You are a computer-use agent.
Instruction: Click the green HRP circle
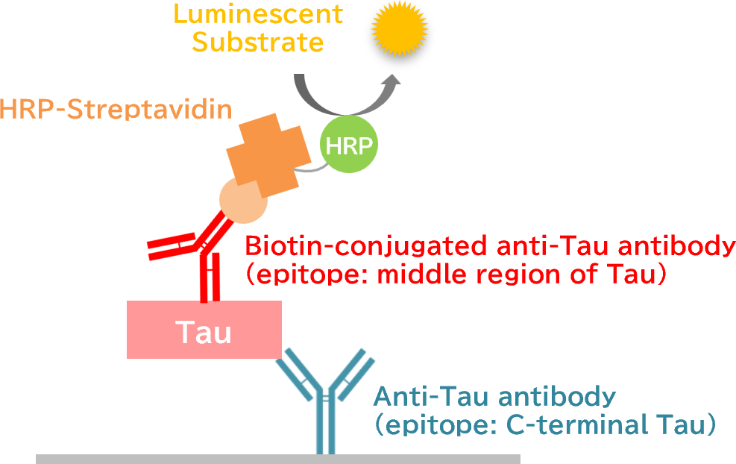coord(349,145)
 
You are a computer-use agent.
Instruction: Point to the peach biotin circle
coord(241,202)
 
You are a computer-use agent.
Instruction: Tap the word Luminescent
coord(258,14)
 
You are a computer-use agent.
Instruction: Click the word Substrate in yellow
coord(258,42)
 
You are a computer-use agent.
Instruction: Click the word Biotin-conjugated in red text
coord(365,245)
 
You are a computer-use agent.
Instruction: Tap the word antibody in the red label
coord(678,245)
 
